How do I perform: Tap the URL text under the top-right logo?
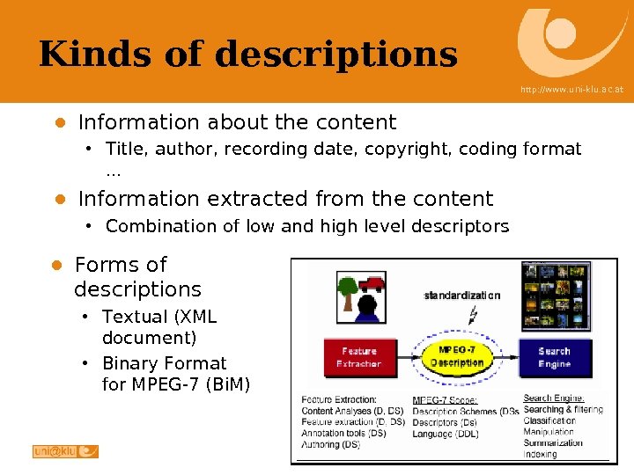pyautogui.click(x=571, y=90)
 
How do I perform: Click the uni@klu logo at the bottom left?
pyautogui.click(x=65, y=451)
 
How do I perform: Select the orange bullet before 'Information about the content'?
pyautogui.click(x=59, y=122)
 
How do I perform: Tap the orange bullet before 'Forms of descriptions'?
pyautogui.click(x=55, y=266)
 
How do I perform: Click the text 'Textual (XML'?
pyautogui.click(x=158, y=317)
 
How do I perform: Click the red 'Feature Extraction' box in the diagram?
pyautogui.click(x=358, y=356)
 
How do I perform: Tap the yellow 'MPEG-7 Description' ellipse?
pyautogui.click(x=457, y=356)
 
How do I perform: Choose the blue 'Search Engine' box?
pyautogui.click(x=554, y=356)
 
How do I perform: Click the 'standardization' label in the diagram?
pyautogui.click(x=461, y=296)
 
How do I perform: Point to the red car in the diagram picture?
pyautogui.click(x=371, y=282)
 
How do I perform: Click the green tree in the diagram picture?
pyautogui.click(x=347, y=289)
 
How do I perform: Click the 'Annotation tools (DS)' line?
pyautogui.click(x=343, y=434)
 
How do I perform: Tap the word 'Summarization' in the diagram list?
pyautogui.click(x=553, y=443)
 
